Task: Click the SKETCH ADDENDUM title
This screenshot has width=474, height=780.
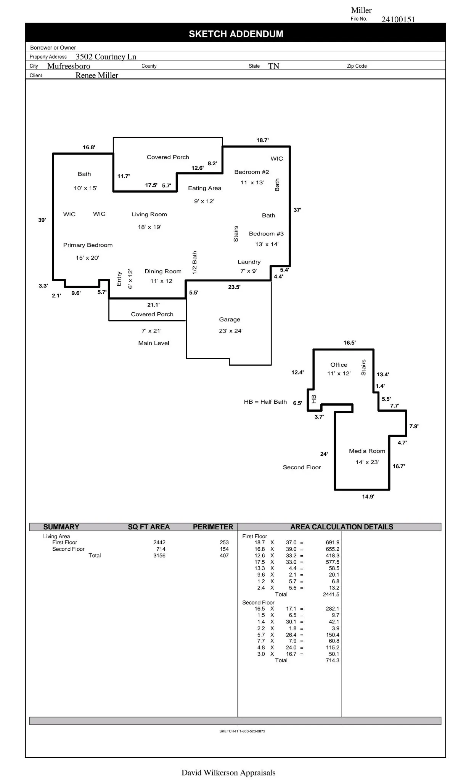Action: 236,34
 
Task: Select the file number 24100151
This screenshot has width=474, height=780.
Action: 398,19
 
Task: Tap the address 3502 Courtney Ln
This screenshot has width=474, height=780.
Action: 106,57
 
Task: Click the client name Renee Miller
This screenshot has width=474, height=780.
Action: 96,75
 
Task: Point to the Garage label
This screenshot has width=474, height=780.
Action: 230,320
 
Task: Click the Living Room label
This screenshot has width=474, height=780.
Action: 149,214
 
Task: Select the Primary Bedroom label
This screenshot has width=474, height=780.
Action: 88,245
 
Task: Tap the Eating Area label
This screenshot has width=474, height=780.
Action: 204,188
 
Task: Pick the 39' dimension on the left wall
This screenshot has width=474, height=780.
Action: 42,220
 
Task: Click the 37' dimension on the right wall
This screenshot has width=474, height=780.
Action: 297,210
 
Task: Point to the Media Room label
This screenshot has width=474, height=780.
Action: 367,451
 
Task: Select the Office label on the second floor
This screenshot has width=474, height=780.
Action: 339,365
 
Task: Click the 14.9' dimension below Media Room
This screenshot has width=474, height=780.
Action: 368,497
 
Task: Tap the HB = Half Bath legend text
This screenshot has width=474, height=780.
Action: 265,402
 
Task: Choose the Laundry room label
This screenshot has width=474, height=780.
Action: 249,262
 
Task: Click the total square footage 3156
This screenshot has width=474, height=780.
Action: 159,555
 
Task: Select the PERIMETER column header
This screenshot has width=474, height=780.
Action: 213,527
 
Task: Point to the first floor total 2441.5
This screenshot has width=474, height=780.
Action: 331,594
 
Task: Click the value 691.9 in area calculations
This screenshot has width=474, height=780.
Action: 332,542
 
